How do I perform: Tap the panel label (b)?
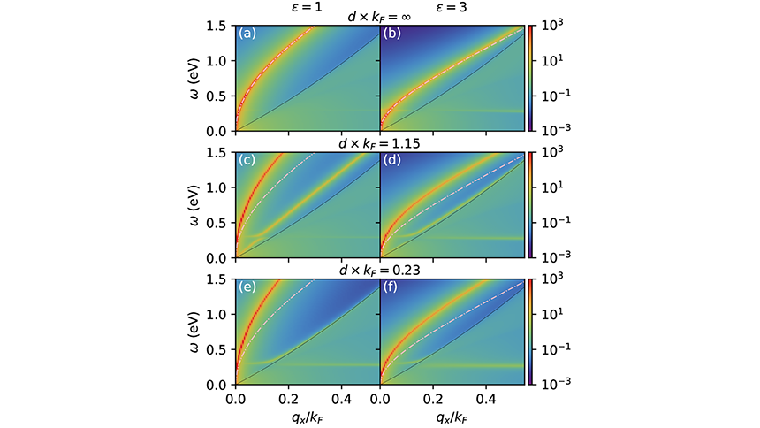coord(391,34)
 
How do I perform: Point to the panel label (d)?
coord(391,162)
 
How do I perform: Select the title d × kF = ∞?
coord(379,17)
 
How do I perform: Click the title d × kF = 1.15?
coord(379,144)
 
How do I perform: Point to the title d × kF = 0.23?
coord(379,271)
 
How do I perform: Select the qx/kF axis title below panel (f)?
coord(451,414)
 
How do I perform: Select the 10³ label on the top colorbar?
coord(551,27)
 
